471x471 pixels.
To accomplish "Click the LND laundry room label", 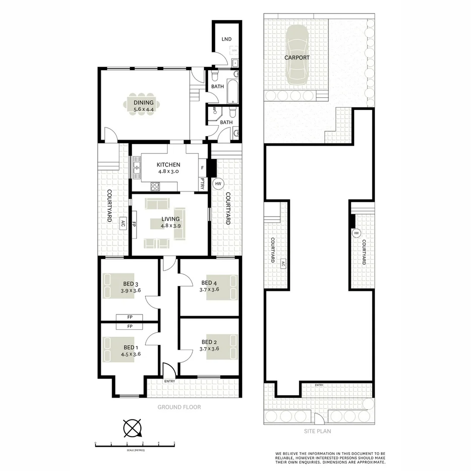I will (226, 39).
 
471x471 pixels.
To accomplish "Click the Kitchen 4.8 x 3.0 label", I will (168, 168).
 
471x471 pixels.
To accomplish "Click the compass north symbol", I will (133, 428).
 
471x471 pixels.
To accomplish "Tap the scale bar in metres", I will (135, 444).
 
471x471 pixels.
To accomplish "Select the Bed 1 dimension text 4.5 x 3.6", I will (131, 354).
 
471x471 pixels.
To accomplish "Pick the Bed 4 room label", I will (209, 283).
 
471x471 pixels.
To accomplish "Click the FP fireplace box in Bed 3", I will (130, 317).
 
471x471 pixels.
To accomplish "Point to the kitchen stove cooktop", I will (155, 187).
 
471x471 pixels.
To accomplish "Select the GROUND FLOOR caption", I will (179, 407).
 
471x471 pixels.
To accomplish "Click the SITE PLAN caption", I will (318, 431).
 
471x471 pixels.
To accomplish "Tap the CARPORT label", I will (297, 58).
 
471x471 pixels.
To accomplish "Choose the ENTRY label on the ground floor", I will (169, 381).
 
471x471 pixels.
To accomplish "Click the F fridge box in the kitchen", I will (202, 167).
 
